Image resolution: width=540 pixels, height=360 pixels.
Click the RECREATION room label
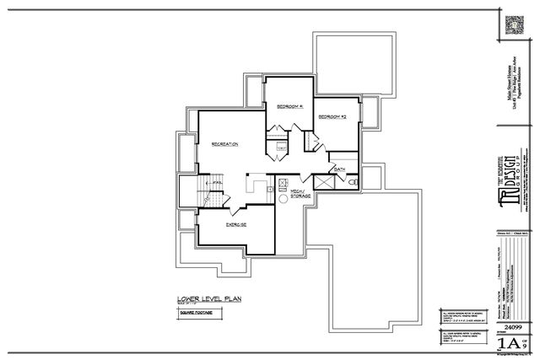[x=224, y=144]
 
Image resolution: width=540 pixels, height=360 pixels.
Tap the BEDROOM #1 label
[x=289, y=105]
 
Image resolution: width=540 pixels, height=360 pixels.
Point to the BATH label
[x=340, y=169]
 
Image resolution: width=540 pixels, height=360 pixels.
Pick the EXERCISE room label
[x=235, y=225]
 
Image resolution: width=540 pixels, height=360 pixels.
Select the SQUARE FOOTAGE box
[x=194, y=312]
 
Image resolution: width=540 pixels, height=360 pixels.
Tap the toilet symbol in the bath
[x=354, y=181]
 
